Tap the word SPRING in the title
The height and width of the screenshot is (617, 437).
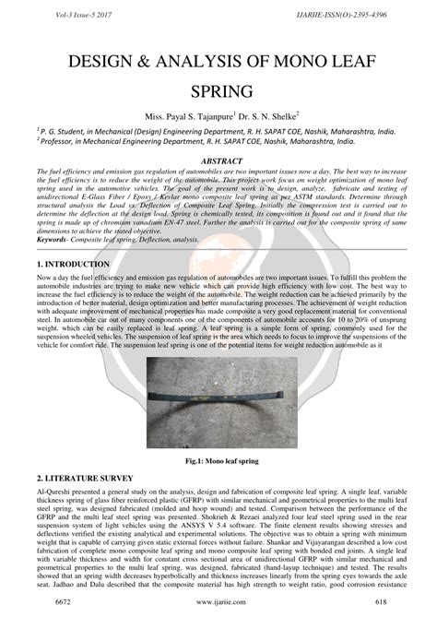[x=218, y=92]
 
